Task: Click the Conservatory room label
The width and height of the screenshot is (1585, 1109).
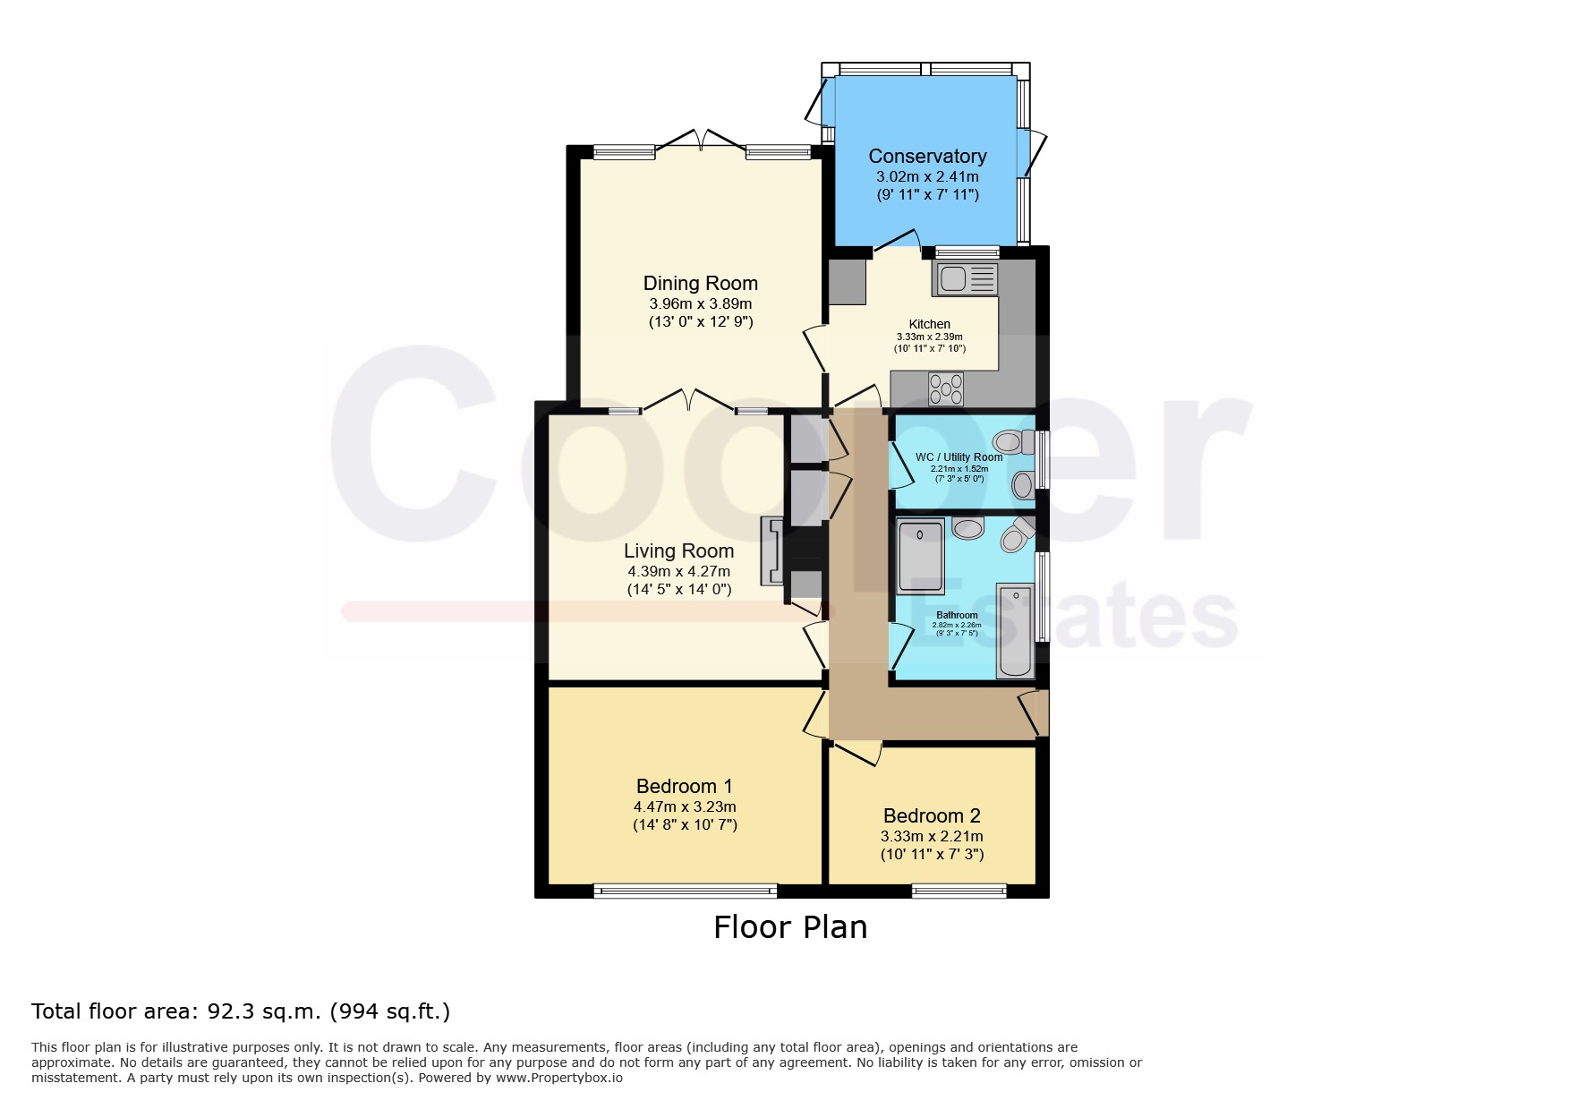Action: point(927,157)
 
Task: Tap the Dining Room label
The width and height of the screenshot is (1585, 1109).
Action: point(701,284)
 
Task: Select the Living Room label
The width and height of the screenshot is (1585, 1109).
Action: point(678,551)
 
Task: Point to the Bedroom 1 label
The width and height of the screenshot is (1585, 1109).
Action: point(685,787)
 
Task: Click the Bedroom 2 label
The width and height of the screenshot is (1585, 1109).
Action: point(932,816)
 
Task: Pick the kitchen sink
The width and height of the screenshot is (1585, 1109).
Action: point(965,279)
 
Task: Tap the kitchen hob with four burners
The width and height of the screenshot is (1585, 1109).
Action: point(946,388)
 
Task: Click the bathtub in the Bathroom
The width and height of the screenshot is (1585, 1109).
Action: point(1015,630)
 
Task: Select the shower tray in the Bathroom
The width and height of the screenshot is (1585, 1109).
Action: point(920,556)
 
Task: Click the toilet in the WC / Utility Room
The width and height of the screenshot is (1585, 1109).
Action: point(1014,441)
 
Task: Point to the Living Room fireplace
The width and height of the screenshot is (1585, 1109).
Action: point(771,551)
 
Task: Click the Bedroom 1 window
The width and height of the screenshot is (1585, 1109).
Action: point(685,890)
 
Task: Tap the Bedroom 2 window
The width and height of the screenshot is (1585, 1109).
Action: point(959,890)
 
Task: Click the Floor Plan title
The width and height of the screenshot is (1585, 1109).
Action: point(790,927)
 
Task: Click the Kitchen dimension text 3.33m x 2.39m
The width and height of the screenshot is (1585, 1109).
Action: point(930,337)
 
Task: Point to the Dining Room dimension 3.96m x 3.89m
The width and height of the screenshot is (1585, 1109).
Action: point(701,304)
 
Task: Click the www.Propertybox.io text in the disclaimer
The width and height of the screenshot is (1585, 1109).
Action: point(559,1078)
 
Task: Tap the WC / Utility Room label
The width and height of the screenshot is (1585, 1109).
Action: point(959,457)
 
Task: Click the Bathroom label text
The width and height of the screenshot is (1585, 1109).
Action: point(957,616)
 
